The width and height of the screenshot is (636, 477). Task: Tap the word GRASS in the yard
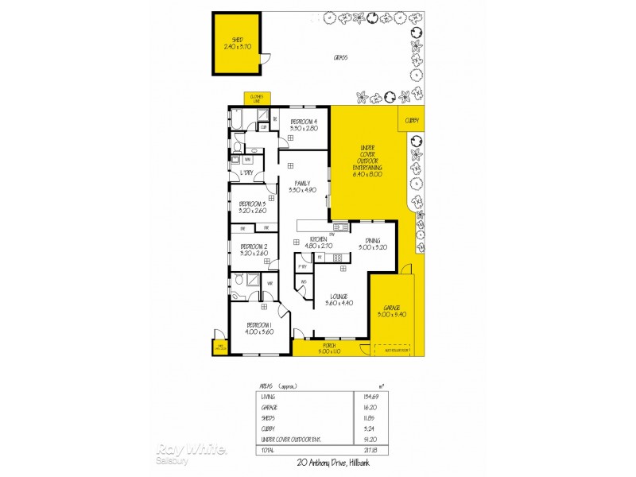click(x=342, y=57)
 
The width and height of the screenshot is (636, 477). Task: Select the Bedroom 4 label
click(x=304, y=124)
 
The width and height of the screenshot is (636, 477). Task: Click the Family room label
click(x=302, y=187)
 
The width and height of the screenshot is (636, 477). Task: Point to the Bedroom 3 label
click(x=252, y=207)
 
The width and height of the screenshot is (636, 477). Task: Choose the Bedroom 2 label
click(x=254, y=250)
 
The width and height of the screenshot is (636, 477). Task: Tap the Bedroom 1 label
click(x=258, y=328)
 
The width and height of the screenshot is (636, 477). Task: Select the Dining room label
click(x=372, y=243)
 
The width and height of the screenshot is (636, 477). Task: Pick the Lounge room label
click(x=338, y=300)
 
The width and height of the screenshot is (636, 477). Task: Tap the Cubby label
click(x=411, y=121)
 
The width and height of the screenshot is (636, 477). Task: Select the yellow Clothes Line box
click(x=256, y=98)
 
